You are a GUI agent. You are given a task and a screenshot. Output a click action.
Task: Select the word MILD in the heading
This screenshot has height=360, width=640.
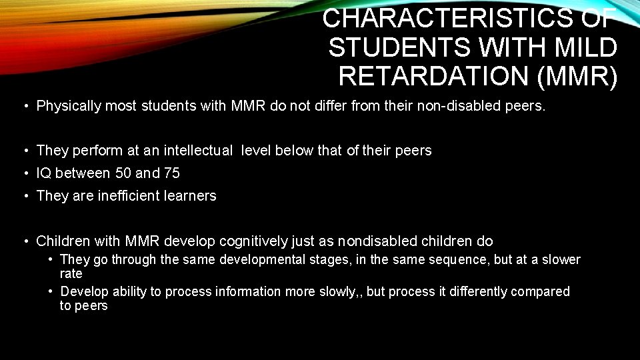click(584, 47)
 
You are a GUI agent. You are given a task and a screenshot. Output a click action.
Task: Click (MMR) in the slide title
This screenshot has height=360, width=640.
click(577, 76)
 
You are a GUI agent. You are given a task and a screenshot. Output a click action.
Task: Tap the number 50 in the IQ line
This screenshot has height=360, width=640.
click(122, 173)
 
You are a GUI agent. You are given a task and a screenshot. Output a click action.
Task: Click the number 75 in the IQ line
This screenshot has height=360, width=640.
click(171, 173)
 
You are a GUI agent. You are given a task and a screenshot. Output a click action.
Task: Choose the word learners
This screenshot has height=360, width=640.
click(192, 196)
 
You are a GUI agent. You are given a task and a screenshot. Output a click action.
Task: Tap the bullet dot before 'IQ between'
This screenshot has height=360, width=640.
click(23, 173)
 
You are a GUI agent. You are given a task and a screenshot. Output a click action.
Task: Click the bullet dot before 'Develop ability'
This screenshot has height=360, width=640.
click(51, 292)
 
